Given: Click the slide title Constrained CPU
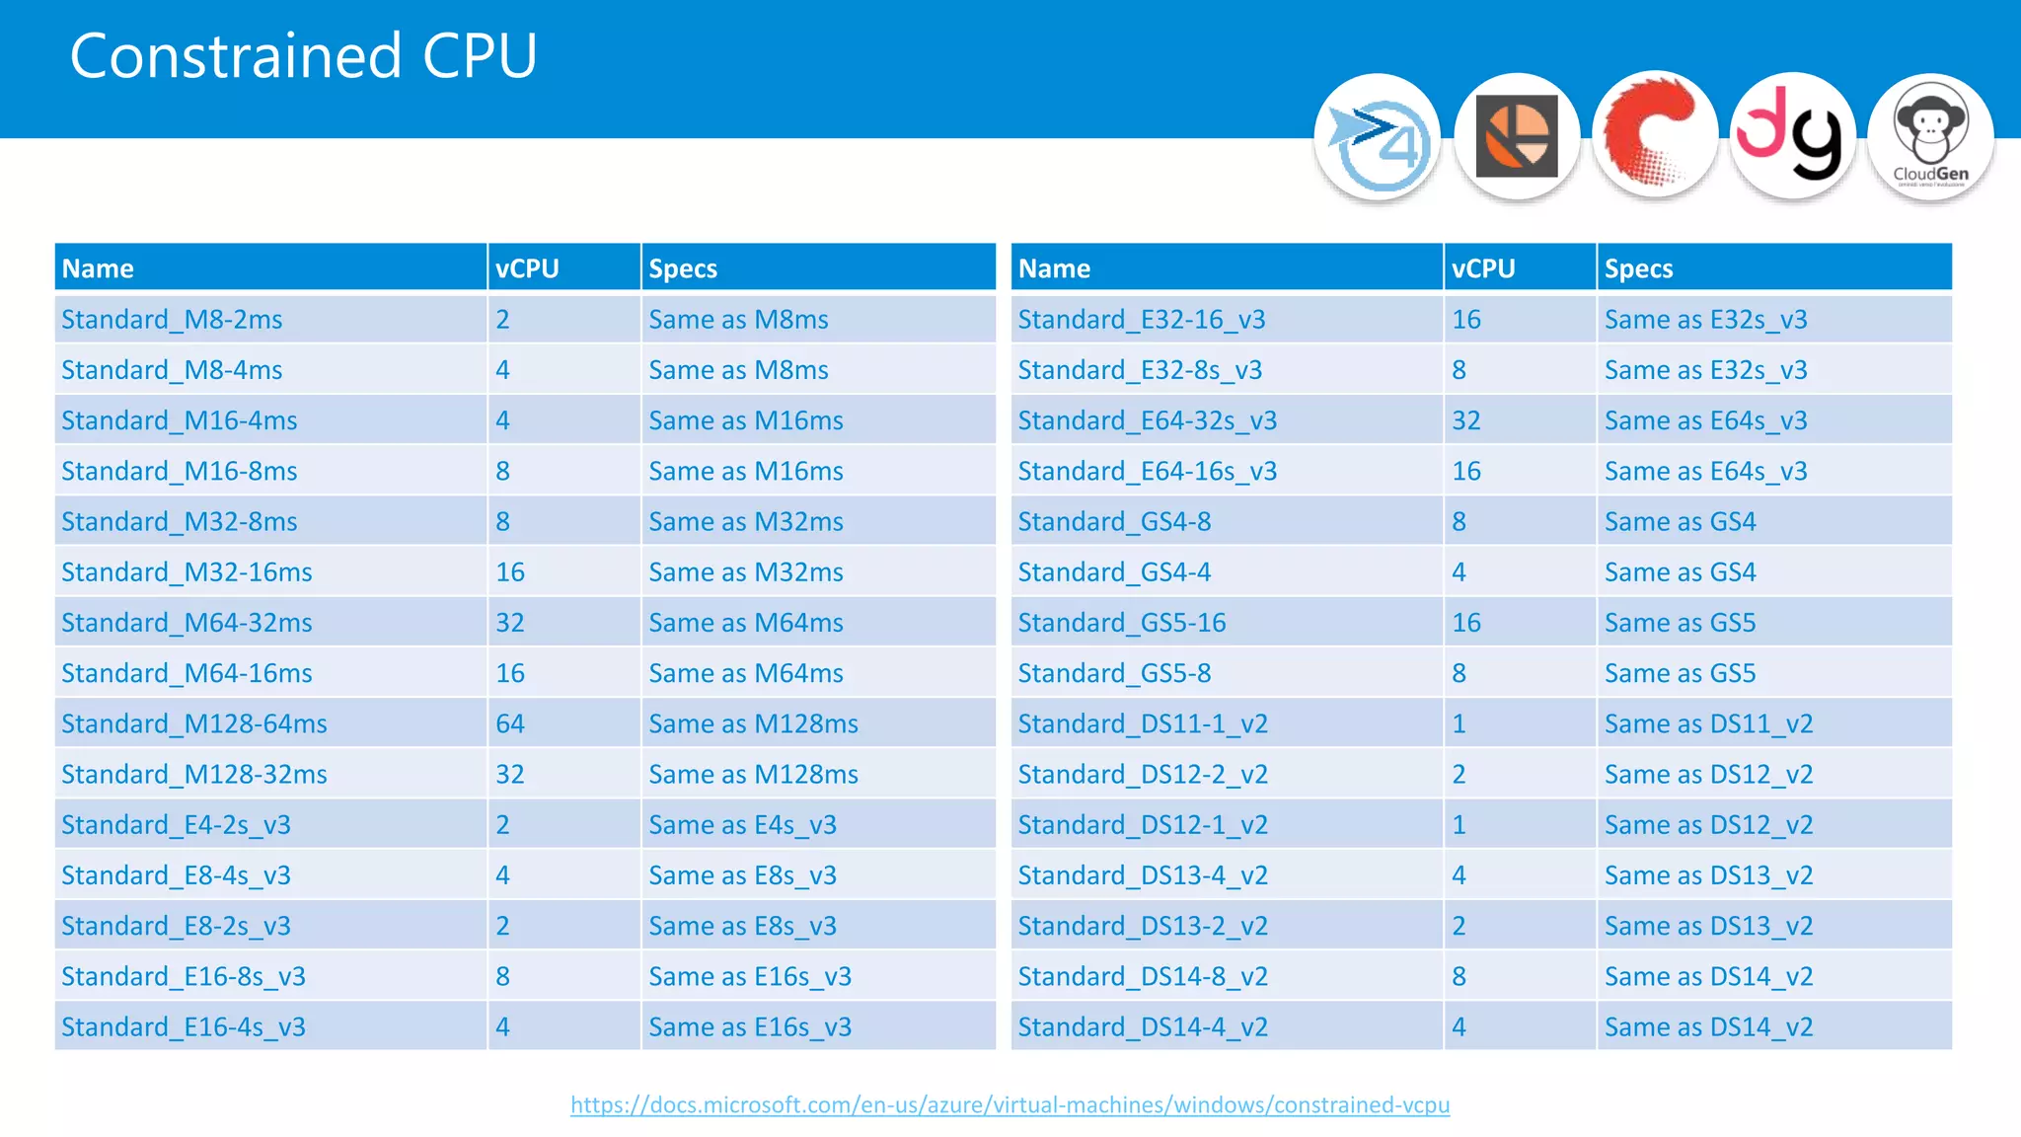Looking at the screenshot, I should pyautogui.click(x=303, y=56).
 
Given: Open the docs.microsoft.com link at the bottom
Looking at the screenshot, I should pyautogui.click(x=1010, y=1104).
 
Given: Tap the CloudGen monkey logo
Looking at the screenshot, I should pyautogui.click(x=1930, y=137).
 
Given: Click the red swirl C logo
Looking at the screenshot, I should pyautogui.click(x=1655, y=135).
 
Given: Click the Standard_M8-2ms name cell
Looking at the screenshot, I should pyautogui.click(x=172, y=320).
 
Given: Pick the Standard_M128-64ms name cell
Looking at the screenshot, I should pyautogui.click(x=194, y=724).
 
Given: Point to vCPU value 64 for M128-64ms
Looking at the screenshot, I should pyautogui.click(x=510, y=724).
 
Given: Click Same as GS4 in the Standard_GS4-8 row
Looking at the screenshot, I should pyautogui.click(x=1680, y=522).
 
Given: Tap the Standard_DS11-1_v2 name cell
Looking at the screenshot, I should pyautogui.click(x=1143, y=724).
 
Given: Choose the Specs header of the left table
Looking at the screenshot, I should pyautogui.click(x=683, y=268).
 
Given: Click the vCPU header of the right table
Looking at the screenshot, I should pyautogui.click(x=1483, y=268).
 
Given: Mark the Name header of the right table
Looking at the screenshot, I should pyautogui.click(x=1054, y=268).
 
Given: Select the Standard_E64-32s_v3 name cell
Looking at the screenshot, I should pyautogui.click(x=1148, y=420).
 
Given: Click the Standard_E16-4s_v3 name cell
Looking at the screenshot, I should pyautogui.click(x=184, y=1027).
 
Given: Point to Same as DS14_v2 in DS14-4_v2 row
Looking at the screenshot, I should pyautogui.click(x=1708, y=1027).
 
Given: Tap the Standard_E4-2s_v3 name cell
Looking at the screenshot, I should pyautogui.click(x=176, y=825).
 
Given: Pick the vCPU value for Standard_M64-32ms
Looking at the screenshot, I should pyautogui.click(x=510, y=623).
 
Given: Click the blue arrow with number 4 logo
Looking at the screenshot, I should pyautogui.click(x=1378, y=137).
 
